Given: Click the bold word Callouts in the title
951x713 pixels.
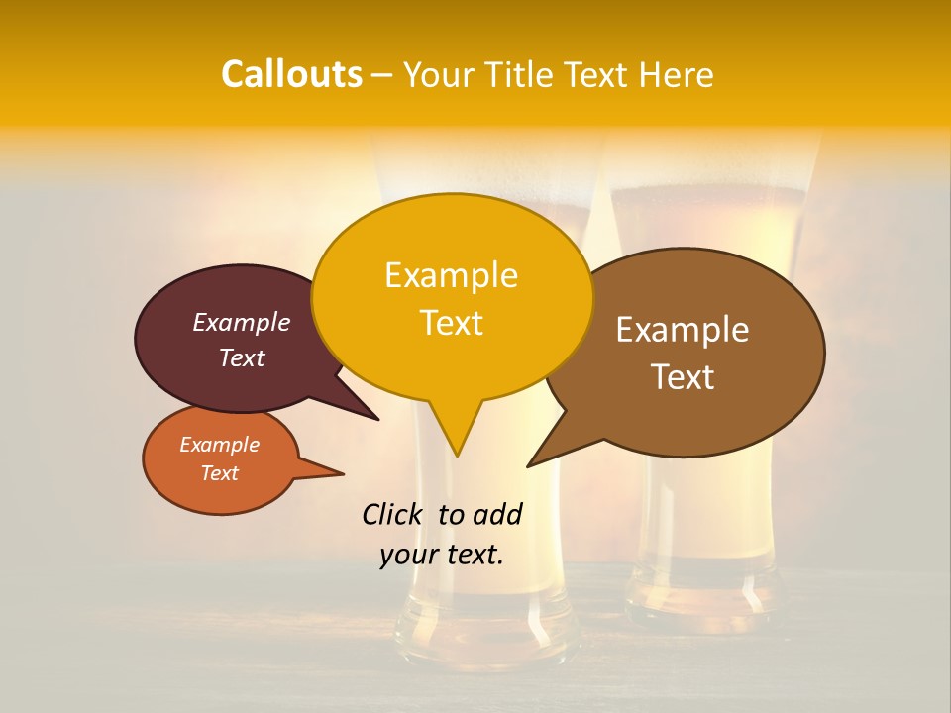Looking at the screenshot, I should click(291, 74).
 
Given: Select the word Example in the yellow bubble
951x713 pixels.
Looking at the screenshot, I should click(451, 275).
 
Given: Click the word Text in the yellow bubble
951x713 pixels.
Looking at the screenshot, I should click(451, 323).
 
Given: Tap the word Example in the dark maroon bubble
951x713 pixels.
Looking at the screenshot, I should click(241, 323).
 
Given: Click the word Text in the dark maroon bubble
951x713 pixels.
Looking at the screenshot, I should click(241, 358).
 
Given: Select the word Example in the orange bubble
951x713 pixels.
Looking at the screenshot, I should click(219, 445).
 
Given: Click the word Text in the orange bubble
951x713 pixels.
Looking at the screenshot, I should click(219, 473).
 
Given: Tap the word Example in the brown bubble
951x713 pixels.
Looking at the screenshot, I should click(683, 330).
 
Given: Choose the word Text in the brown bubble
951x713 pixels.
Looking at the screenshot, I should click(683, 377).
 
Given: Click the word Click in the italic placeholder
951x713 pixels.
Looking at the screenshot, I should click(392, 514).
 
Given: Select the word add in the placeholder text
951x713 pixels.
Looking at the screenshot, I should click(497, 514).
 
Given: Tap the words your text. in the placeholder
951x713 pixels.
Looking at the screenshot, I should click(442, 555).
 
